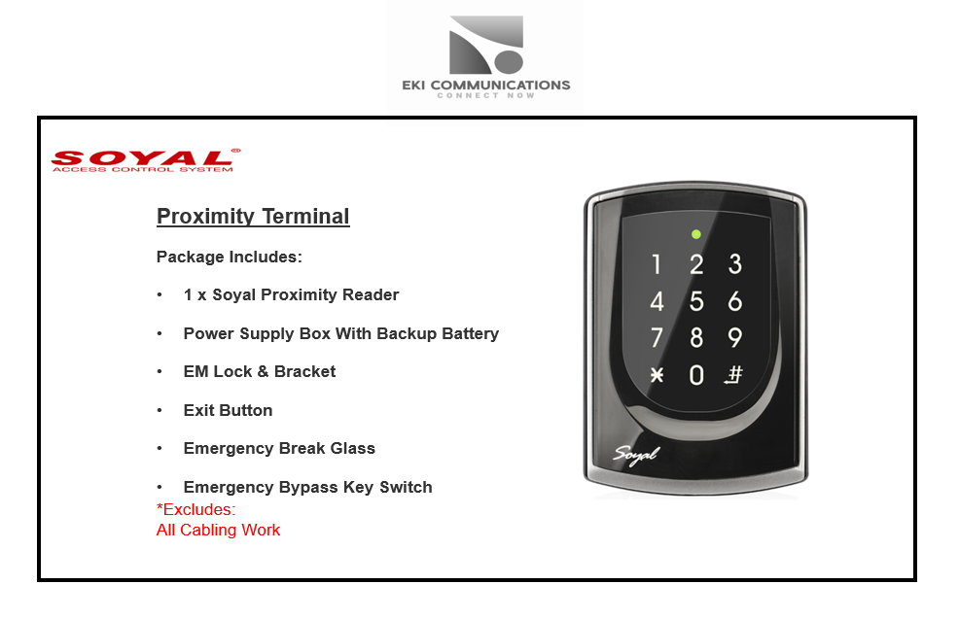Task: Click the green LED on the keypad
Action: [696, 234]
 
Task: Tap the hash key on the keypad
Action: [734, 374]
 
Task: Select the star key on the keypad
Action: [657, 374]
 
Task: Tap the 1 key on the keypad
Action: [657, 264]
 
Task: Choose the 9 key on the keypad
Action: [734, 337]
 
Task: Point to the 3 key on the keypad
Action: [734, 264]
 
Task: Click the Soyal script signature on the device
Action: [637, 455]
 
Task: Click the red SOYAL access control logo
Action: [146, 160]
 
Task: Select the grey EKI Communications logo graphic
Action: [486, 45]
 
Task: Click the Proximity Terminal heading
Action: [253, 217]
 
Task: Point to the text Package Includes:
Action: [230, 257]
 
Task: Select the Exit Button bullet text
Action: [229, 410]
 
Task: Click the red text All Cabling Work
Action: [218, 530]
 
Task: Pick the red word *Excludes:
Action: [195, 509]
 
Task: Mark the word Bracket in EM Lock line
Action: [304, 371]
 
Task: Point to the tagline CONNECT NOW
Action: [485, 95]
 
